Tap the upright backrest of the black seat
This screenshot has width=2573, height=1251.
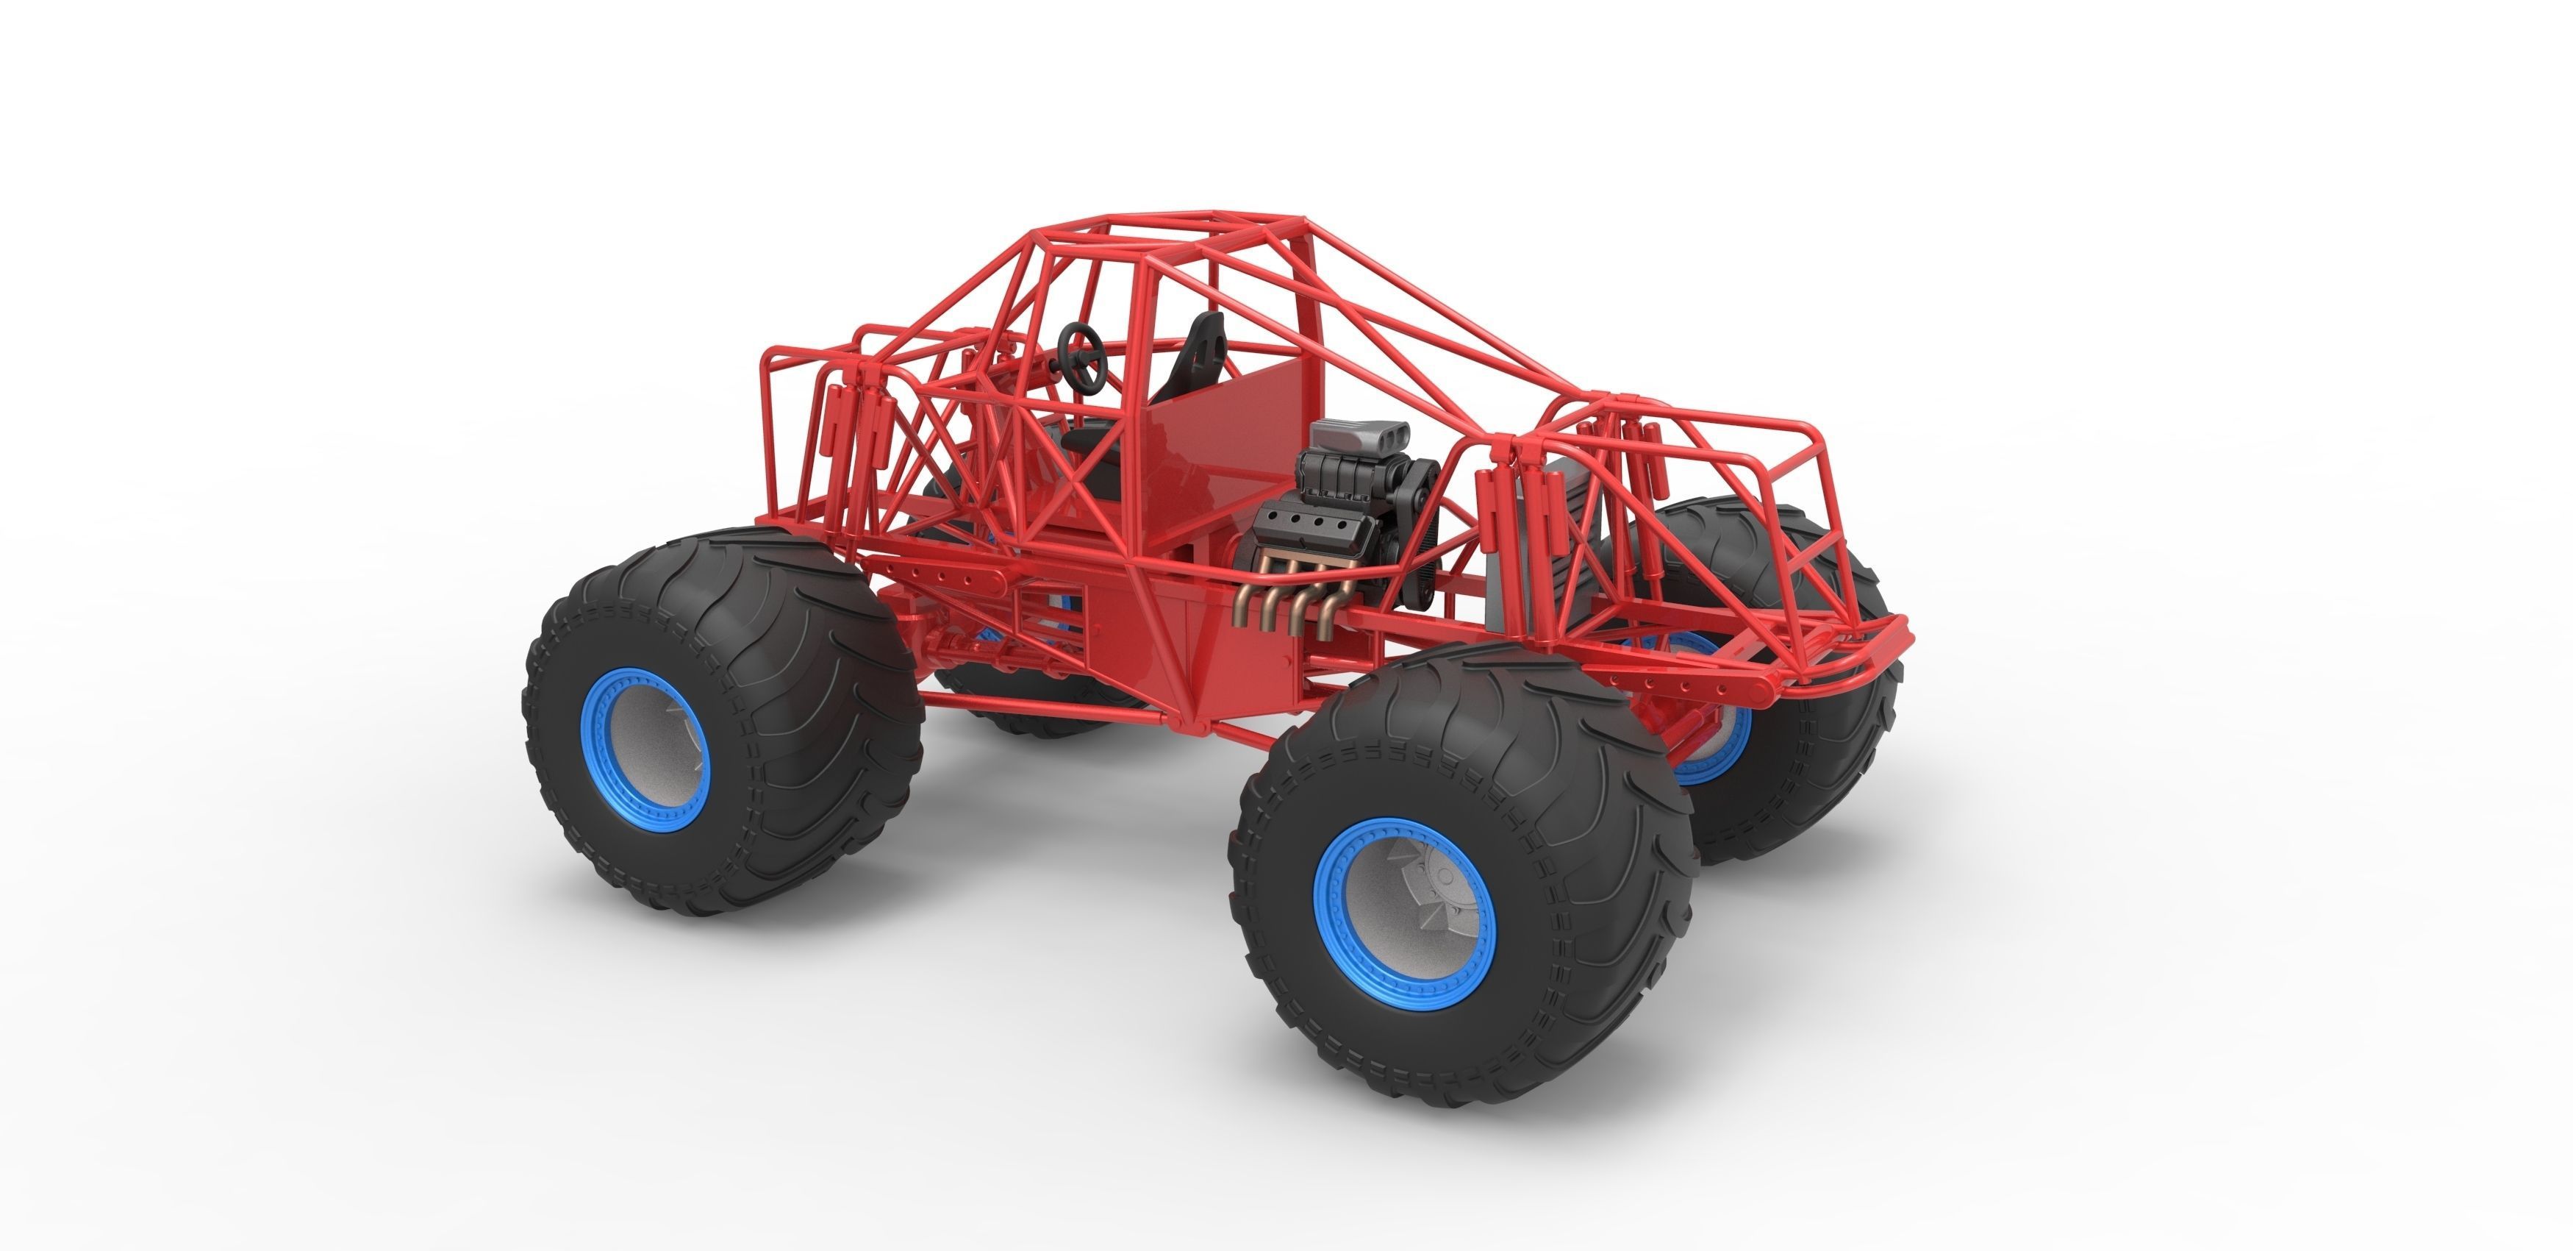coord(1203,350)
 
